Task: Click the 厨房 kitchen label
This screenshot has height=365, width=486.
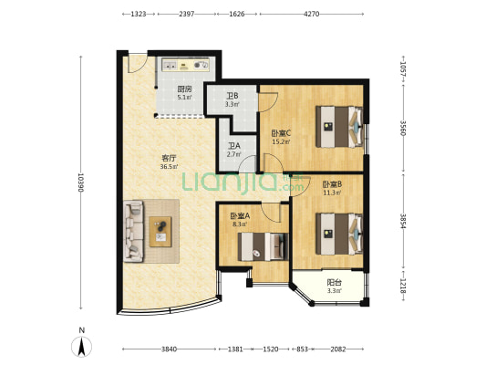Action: tap(184, 89)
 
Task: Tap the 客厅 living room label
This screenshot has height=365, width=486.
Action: tap(169, 159)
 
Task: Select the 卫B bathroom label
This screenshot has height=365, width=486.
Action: tap(232, 96)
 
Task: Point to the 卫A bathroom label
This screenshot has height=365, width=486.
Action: tap(234, 146)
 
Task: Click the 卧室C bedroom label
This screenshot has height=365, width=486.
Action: tap(281, 133)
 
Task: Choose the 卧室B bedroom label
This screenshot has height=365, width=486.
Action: tap(332, 185)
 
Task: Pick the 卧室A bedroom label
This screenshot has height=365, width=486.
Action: tap(240, 215)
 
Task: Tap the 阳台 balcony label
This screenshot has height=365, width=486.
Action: tap(335, 283)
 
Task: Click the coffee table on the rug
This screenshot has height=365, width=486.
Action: tap(160, 232)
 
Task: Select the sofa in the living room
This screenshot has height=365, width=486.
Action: tap(134, 231)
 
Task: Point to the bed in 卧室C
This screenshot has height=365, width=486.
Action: tap(339, 127)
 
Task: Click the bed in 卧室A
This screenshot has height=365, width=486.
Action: tap(263, 247)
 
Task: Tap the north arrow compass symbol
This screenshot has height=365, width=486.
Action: tap(81, 347)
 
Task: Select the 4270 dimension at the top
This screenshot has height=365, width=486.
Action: tap(312, 14)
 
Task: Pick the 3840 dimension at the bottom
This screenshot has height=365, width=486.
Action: tap(169, 349)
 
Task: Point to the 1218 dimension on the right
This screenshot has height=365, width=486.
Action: tap(403, 286)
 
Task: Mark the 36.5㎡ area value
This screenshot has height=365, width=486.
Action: tap(169, 167)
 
